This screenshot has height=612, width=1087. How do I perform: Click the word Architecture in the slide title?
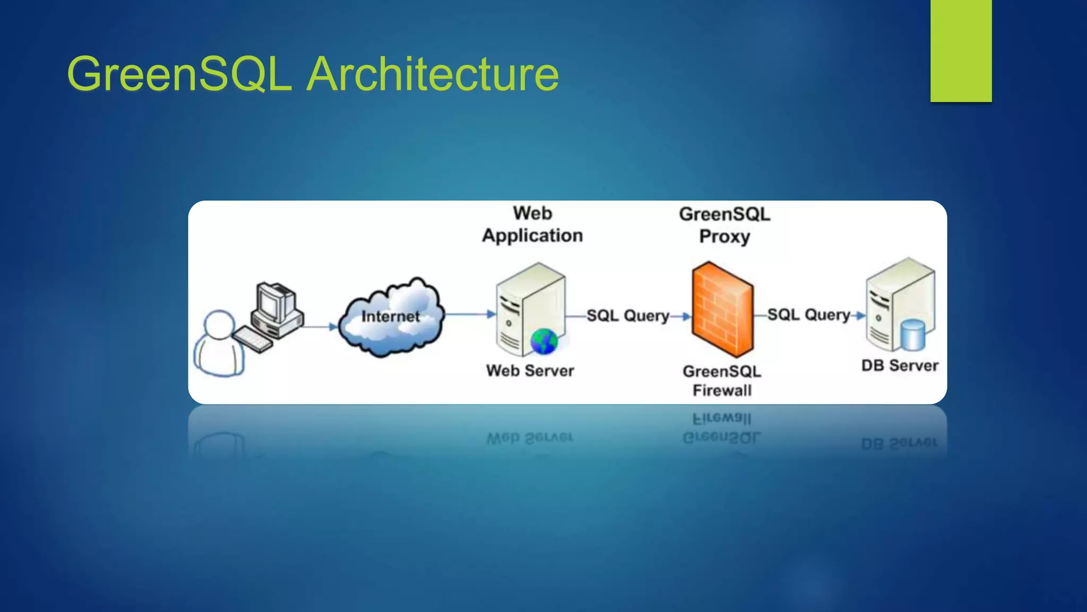click(x=433, y=74)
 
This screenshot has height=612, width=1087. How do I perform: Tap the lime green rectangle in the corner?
click(x=961, y=50)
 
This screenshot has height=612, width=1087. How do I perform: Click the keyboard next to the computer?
click(x=253, y=339)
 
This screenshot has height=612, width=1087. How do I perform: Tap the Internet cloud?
click(x=391, y=317)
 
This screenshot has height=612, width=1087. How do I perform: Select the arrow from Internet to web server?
click(x=470, y=314)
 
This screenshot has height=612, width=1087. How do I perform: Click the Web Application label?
click(x=532, y=224)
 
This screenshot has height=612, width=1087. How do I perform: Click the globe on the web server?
click(x=544, y=342)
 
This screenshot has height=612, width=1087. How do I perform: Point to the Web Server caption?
click(x=530, y=370)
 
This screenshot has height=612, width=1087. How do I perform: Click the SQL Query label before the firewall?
click(x=627, y=316)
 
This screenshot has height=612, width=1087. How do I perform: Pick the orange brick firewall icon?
click(x=722, y=309)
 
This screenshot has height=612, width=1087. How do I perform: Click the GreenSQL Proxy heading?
click(x=724, y=225)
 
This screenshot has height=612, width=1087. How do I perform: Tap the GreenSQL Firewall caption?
click(x=722, y=380)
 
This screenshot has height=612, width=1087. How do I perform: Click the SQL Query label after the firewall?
click(x=808, y=314)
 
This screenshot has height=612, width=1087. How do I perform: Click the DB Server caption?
click(x=900, y=365)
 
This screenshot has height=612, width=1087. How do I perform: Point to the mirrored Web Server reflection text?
click(x=530, y=438)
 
